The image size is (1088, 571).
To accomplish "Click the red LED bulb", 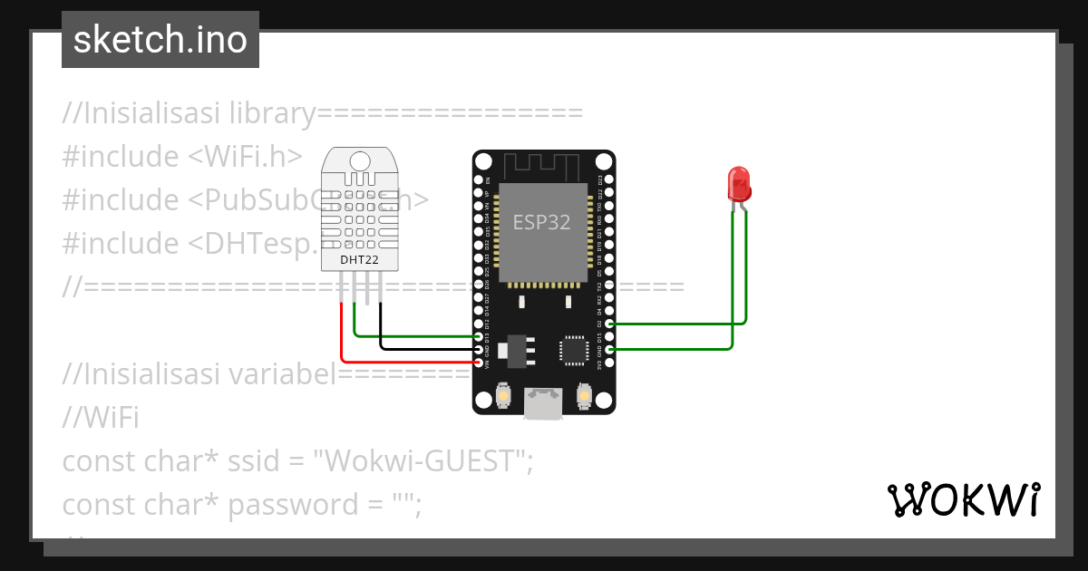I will pos(739,183).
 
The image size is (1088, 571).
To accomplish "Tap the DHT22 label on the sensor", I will pos(360,260).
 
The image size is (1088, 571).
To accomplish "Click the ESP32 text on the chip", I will pos(542,222).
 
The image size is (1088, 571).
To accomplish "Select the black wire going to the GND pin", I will pos(426,349).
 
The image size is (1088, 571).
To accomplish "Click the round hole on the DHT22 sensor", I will pos(360,161).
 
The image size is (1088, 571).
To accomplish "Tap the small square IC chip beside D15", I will pos(574,349).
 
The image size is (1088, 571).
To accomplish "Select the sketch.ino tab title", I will pos(160,40).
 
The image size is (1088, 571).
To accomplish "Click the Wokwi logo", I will pos(962,499).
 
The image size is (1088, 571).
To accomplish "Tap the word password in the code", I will pos(287,504).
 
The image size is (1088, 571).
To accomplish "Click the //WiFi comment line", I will pos(100,418).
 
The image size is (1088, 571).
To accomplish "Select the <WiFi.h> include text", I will pos(245,156).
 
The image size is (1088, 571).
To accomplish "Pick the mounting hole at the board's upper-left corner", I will pos(484,161).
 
